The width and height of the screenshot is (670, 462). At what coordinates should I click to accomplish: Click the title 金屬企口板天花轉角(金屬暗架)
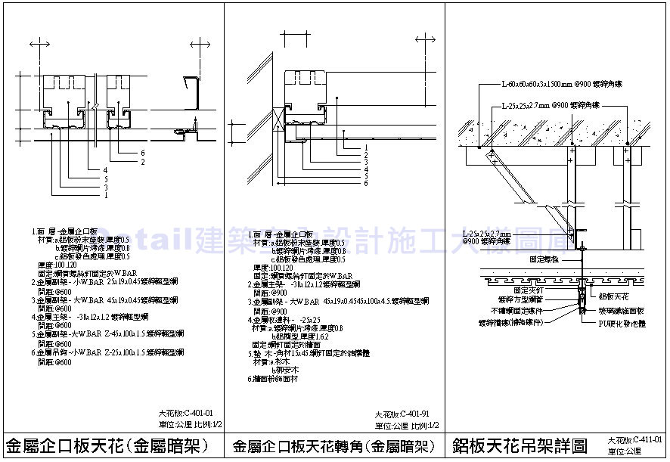pyautogui.click(x=333, y=445)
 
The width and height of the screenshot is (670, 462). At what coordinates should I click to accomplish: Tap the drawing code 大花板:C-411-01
pyautogui.click(x=637, y=439)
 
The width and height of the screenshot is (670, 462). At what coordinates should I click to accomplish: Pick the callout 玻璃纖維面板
pyautogui.click(x=622, y=309)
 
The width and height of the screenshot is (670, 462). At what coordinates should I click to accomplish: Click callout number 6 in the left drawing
pyautogui.click(x=141, y=153)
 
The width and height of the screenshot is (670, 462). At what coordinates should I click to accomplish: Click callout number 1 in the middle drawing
pyautogui.click(x=365, y=147)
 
